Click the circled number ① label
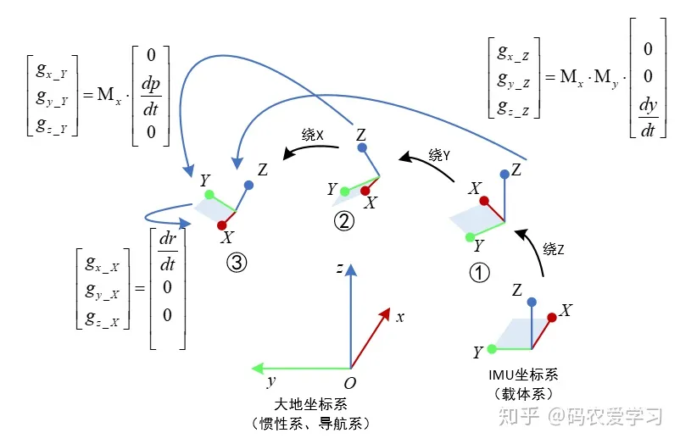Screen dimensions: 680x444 click(479, 273)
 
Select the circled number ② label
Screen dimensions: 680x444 click(344, 221)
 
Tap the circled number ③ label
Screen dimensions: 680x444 click(237, 263)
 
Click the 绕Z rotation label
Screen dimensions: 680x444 click(554, 249)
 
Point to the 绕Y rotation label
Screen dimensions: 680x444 click(439, 155)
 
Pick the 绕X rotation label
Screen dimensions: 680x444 click(313, 135)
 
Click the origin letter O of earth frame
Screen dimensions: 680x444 click(350, 383)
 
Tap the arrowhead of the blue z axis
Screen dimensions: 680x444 click(351, 269)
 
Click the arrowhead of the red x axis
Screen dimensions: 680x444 click(385, 314)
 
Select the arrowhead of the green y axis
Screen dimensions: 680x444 click(258, 369)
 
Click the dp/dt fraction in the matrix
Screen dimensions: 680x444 click(151, 97)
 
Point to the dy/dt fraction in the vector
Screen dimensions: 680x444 click(648, 117)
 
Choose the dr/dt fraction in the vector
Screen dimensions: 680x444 click(168, 251)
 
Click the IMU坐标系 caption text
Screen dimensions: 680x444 click(523, 375)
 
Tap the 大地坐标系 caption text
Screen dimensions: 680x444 click(310, 404)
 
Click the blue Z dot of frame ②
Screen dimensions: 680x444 click(362, 147)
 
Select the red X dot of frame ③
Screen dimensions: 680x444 click(222, 225)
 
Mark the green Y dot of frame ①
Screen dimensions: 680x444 click(470, 237)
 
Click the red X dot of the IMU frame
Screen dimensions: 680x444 click(552, 318)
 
